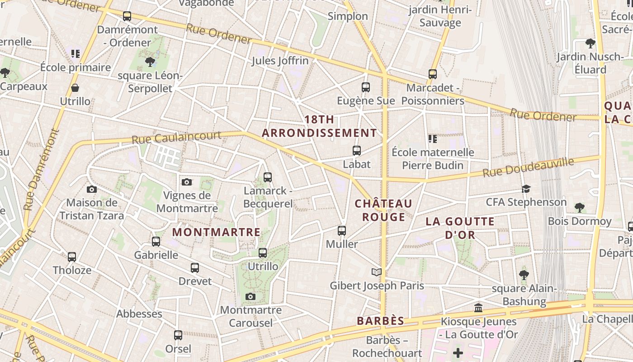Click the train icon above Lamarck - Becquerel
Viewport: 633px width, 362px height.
[x=268, y=177]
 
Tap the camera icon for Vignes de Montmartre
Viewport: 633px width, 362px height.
[x=187, y=182]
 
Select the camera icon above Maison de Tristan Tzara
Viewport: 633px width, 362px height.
[x=92, y=189]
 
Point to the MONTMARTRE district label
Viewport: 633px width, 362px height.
[x=217, y=232]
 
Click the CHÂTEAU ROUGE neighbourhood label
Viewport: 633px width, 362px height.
[x=383, y=210]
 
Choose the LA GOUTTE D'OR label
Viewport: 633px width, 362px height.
[x=460, y=228]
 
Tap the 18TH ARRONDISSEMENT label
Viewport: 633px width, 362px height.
[x=319, y=126]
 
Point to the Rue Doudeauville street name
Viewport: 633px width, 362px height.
[x=528, y=167]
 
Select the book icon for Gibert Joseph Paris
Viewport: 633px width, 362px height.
[x=377, y=272]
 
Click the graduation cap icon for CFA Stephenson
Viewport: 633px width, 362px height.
[x=526, y=189]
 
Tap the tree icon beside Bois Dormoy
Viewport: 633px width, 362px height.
[x=580, y=208]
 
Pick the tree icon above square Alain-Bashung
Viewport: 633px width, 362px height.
[x=524, y=275]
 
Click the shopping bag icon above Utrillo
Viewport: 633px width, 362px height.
[x=75, y=88]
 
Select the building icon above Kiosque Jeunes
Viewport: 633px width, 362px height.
[x=478, y=308]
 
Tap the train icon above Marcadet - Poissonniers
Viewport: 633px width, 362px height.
[x=433, y=74]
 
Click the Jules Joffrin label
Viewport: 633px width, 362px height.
[x=280, y=61]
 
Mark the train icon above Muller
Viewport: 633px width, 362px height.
[x=342, y=231]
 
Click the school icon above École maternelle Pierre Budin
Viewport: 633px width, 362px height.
[x=433, y=139]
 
